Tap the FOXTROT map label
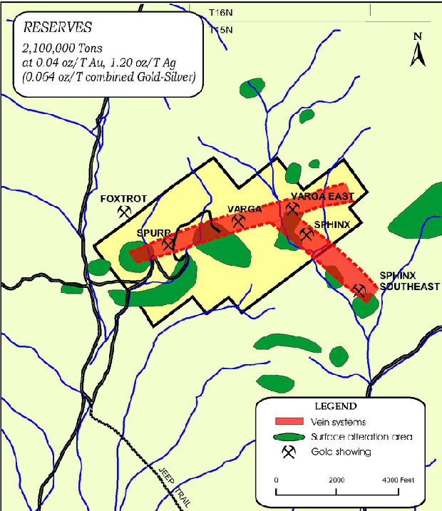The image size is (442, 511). point(123,199)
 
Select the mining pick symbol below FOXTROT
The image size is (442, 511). point(125,212)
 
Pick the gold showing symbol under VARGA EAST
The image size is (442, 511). point(292,209)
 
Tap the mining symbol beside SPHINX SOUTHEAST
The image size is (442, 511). point(359,290)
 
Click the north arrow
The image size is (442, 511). point(418,51)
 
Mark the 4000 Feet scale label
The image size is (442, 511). point(397,480)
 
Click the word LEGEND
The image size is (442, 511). point(335,406)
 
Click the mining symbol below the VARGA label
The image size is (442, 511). point(237,222)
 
